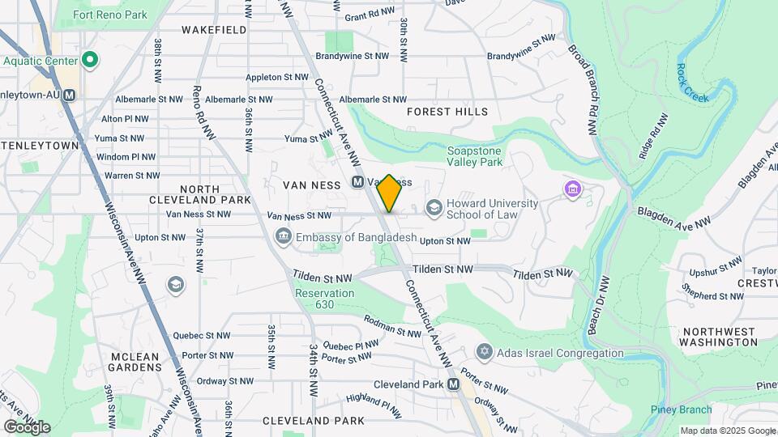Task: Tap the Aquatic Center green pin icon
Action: click(91, 61)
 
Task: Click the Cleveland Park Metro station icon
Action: click(453, 384)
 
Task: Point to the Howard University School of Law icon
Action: click(434, 208)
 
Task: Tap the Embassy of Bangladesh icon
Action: click(283, 237)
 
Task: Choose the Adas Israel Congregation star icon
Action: click(485, 353)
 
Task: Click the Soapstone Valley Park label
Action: click(475, 156)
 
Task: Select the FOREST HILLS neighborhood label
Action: click(447, 112)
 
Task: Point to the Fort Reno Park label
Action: click(110, 15)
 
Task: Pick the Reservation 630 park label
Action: click(325, 299)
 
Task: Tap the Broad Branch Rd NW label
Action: click(583, 81)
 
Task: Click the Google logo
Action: click(27, 426)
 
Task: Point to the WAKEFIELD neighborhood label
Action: click(214, 30)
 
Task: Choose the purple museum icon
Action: click(573, 189)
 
